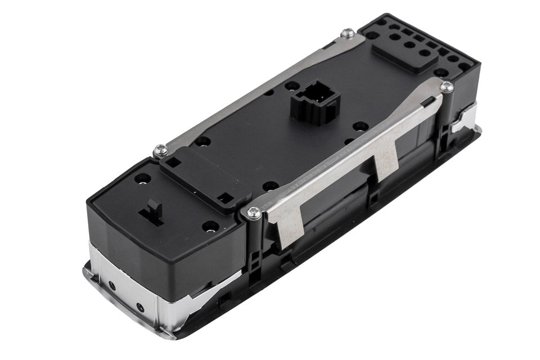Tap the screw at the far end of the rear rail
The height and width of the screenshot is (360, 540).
coord(348,35)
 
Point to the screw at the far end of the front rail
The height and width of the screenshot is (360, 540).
coord(446,87)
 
